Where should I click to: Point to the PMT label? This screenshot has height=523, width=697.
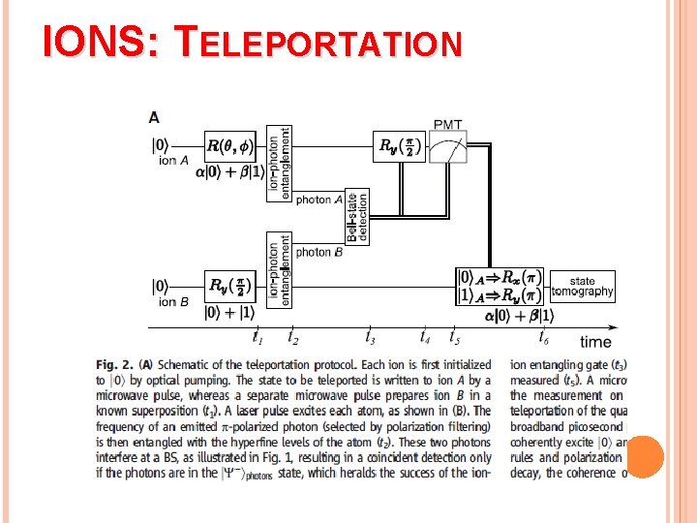point(447,124)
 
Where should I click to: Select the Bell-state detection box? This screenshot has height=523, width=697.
point(356,216)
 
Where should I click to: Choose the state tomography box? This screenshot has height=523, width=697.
point(582,287)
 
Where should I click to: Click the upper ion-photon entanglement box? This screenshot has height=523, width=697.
point(279,163)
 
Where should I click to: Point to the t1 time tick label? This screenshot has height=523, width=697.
point(258,338)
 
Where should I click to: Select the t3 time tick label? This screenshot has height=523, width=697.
point(370,338)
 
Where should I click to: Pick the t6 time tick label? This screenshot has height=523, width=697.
point(544,338)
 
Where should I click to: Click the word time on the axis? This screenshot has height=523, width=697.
point(595,341)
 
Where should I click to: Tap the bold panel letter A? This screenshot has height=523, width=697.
point(155,117)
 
